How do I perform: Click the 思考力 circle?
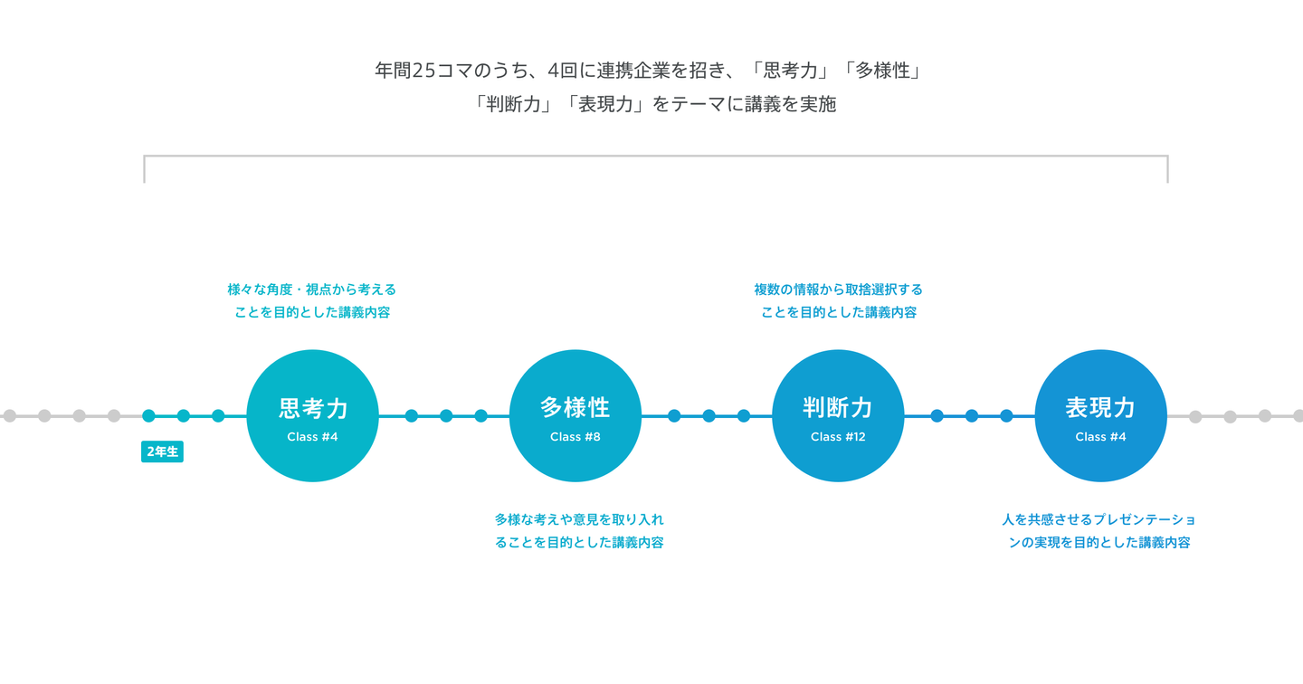[x=312, y=415]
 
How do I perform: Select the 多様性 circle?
[x=575, y=415]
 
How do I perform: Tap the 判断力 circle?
[x=838, y=415]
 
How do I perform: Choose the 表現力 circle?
[x=1100, y=415]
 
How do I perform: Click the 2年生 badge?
[x=162, y=451]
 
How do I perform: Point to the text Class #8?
[x=575, y=437]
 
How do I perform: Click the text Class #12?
[x=838, y=437]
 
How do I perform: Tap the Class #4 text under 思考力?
[x=312, y=437]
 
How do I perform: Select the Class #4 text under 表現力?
[x=1100, y=437]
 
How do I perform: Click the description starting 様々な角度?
[x=312, y=301]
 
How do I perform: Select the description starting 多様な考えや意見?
[x=579, y=531]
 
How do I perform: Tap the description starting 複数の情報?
[x=838, y=301]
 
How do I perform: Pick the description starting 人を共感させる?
[x=1099, y=531]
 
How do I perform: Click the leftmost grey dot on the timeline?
[x=10, y=416]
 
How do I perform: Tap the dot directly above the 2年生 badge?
[x=149, y=416]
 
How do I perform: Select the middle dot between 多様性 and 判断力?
[x=709, y=416]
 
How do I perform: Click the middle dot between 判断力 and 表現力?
[x=972, y=416]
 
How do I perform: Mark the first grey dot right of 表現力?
[x=1195, y=416]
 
